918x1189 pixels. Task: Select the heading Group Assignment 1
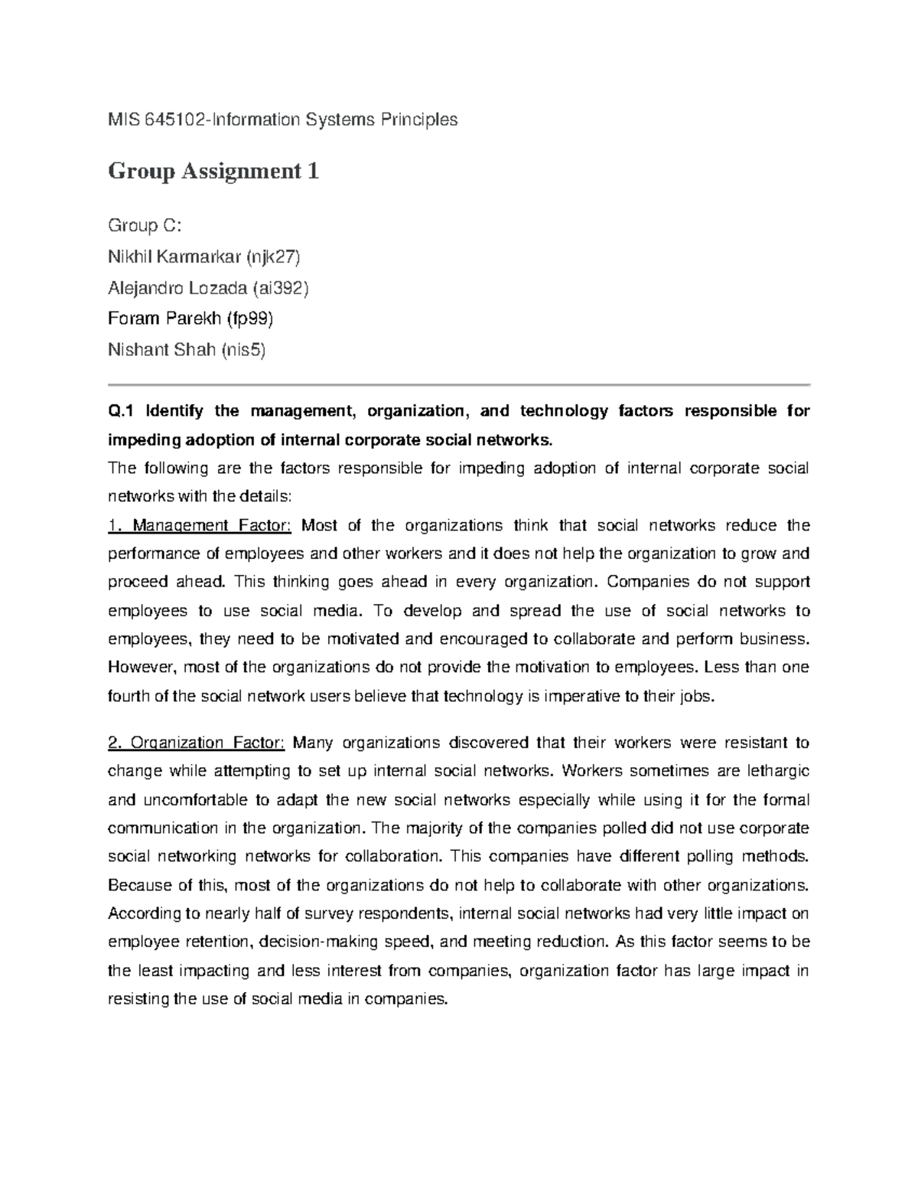click(x=213, y=171)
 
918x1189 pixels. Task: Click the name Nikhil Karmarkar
click(x=174, y=256)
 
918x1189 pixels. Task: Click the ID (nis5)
click(x=243, y=350)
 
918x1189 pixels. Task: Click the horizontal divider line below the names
click(x=459, y=384)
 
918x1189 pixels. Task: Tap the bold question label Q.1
click(x=121, y=411)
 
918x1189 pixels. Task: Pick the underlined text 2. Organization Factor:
click(x=197, y=743)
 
